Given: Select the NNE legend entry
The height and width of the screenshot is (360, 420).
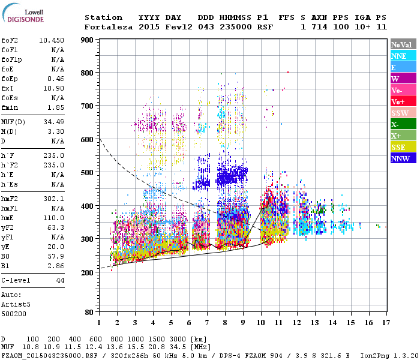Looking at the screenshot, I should [403, 56].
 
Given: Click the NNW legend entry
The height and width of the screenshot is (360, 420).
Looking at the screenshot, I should [403, 158].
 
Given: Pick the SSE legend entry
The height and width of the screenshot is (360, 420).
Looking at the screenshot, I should [403, 147].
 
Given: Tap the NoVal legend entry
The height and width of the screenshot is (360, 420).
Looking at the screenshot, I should [403, 44].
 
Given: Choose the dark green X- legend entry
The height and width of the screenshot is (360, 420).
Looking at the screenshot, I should [403, 124].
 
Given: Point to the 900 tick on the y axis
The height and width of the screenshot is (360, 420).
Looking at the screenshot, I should [87, 40].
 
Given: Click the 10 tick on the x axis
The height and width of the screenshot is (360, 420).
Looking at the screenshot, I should [260, 322].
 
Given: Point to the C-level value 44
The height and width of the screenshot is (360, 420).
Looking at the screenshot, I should [60, 280].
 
